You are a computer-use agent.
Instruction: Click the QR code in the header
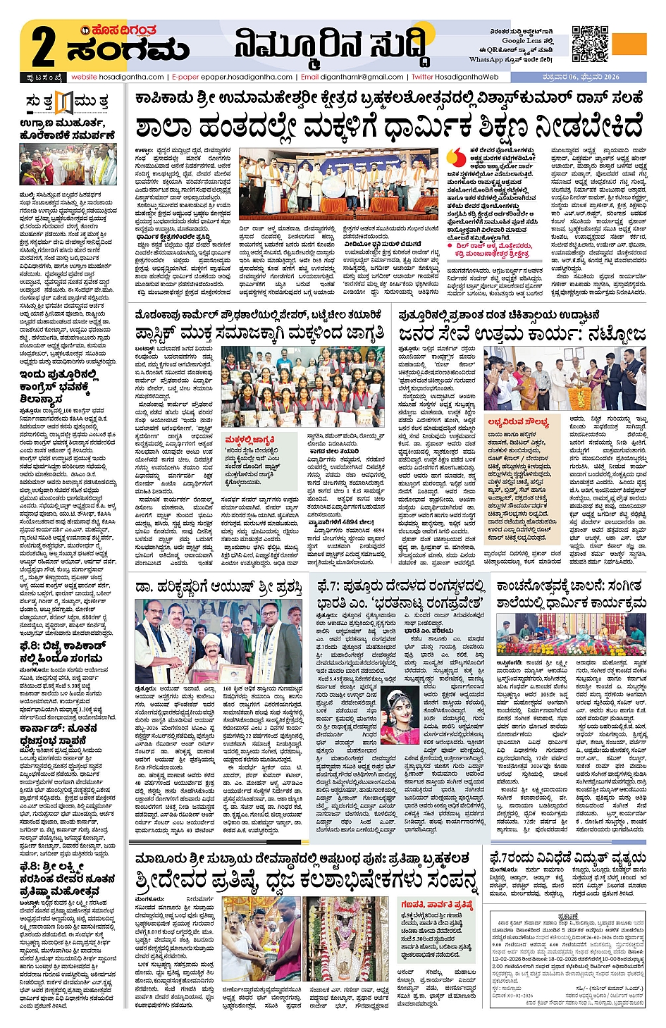[590, 44]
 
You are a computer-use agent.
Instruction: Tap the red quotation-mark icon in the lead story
[456, 157]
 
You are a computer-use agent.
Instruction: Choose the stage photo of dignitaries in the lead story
[340, 183]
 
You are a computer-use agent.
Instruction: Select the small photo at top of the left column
[68, 164]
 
